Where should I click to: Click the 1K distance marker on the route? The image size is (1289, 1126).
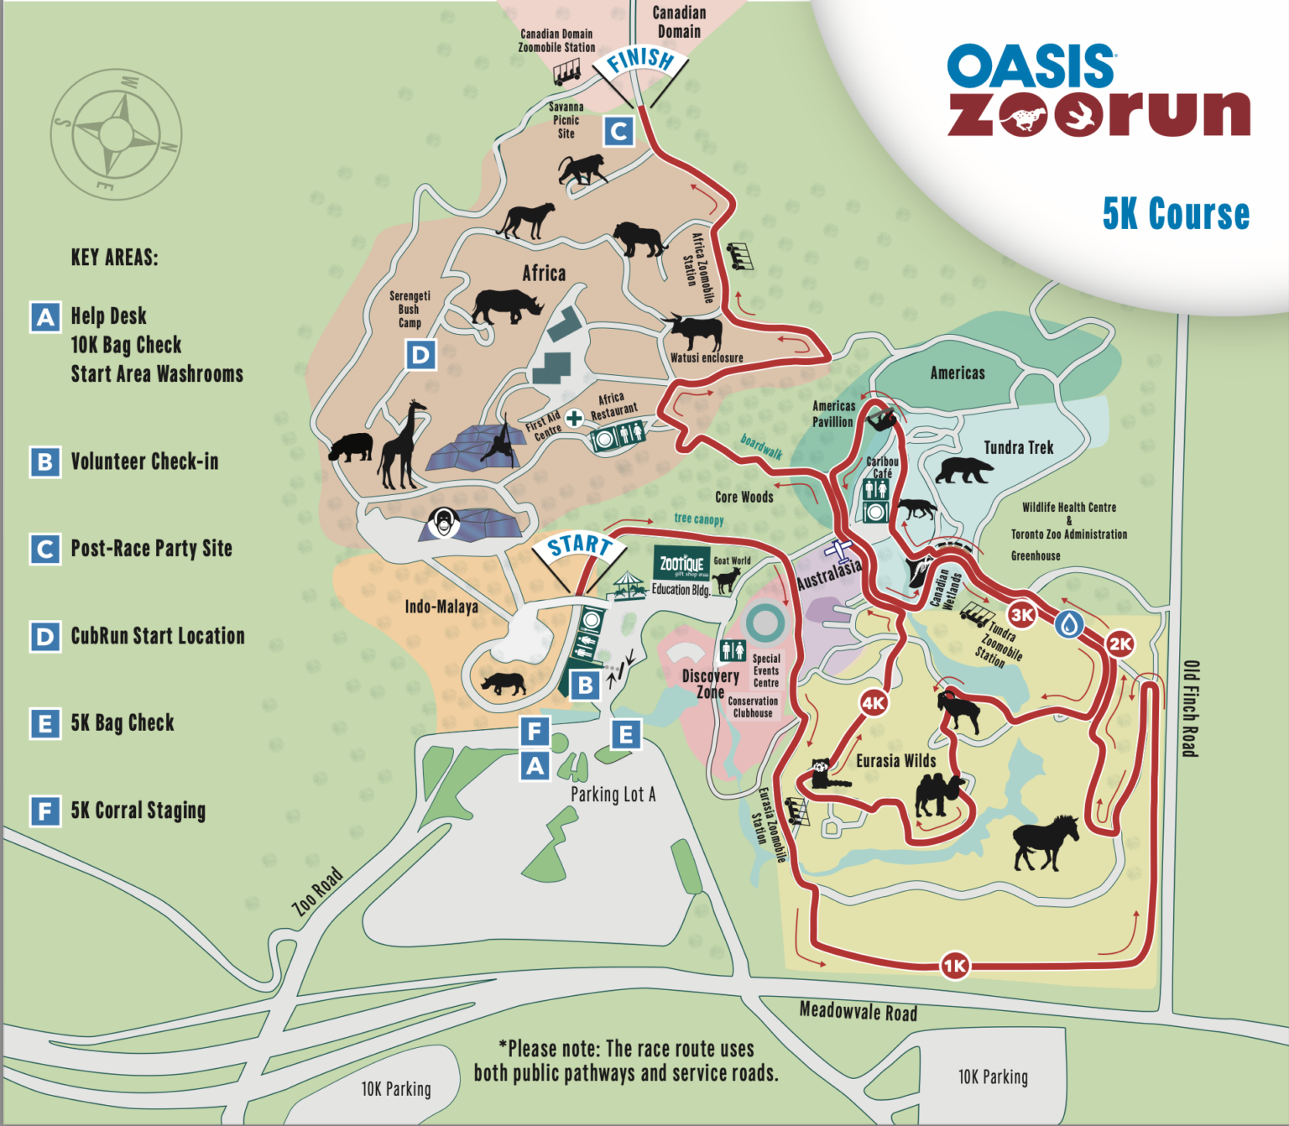click(954, 966)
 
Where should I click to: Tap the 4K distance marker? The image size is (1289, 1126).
click(874, 703)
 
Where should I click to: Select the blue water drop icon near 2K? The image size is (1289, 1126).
click(1068, 624)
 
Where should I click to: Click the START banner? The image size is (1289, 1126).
click(579, 547)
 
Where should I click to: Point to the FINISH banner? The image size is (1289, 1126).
click(640, 60)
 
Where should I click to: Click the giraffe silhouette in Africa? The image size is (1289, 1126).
click(401, 446)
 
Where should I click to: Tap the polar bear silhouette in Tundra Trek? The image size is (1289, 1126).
click(963, 470)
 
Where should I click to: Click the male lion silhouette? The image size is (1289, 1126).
click(639, 239)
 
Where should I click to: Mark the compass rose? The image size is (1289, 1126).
click(116, 134)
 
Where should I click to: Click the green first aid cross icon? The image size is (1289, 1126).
click(574, 418)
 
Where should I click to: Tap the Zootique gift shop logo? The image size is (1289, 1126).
click(681, 564)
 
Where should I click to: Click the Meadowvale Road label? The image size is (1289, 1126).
click(858, 1012)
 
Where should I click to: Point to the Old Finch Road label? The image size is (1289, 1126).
click(1189, 709)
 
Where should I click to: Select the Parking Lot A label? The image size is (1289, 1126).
click(613, 794)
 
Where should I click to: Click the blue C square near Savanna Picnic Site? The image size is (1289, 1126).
click(619, 131)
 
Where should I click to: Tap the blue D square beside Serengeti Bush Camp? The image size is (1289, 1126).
click(420, 355)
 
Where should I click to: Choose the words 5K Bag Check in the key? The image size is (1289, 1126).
click(123, 722)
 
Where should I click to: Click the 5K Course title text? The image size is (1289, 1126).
click(1176, 214)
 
